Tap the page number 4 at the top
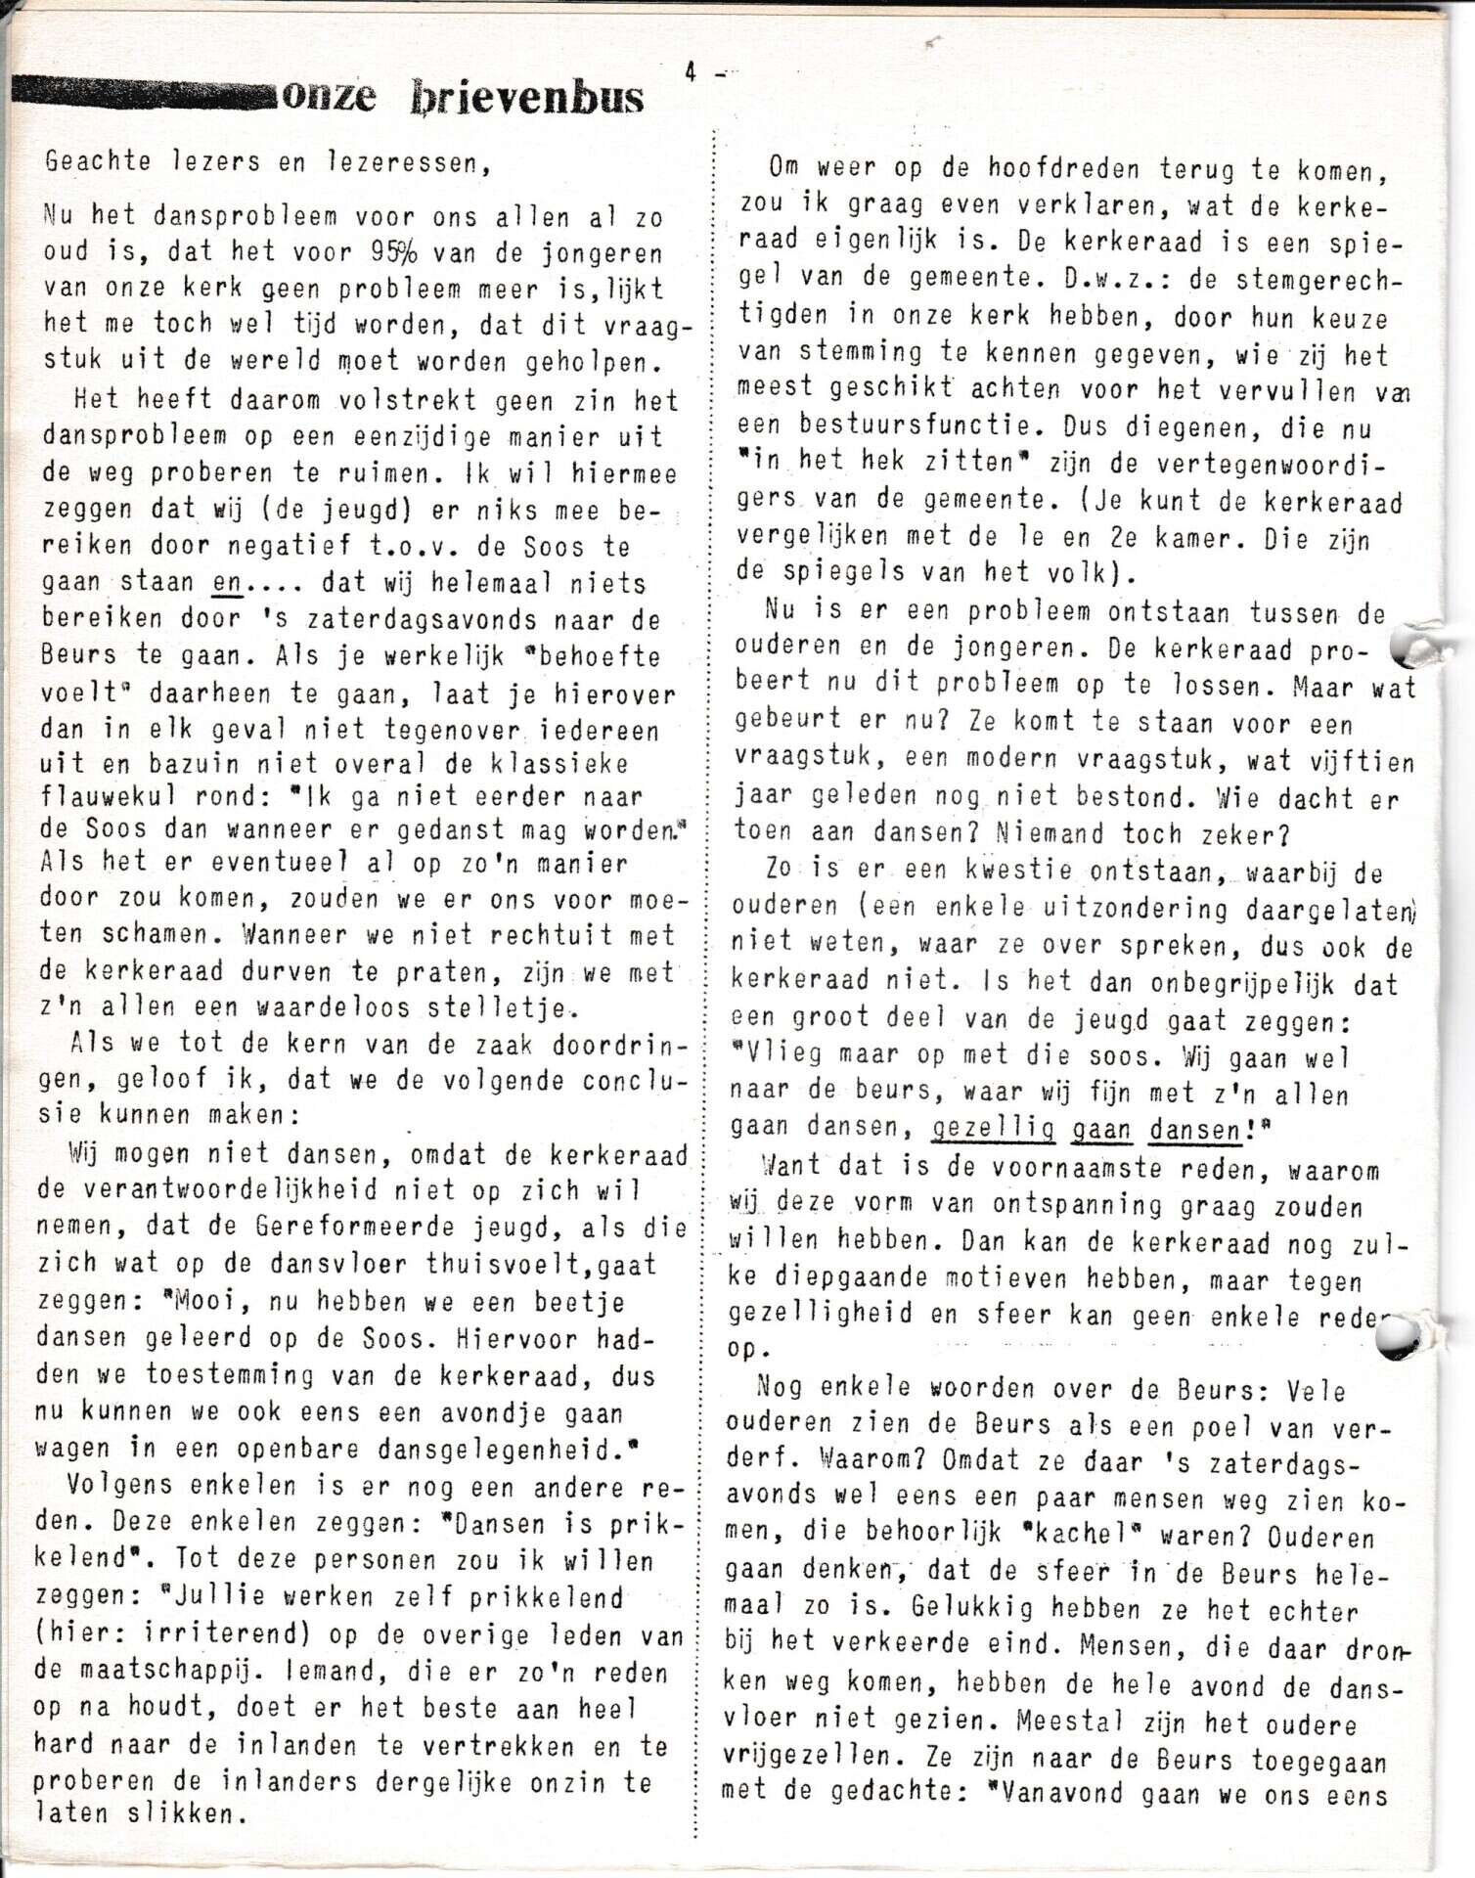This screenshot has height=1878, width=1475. click(691, 71)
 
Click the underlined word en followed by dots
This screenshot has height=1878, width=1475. click(227, 583)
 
